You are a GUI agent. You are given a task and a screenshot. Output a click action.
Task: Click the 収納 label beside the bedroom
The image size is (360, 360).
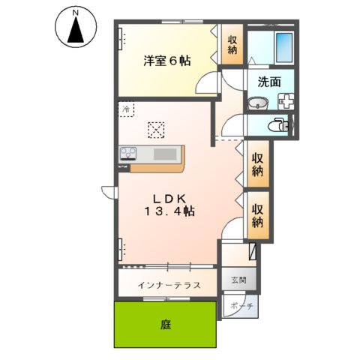(232, 46)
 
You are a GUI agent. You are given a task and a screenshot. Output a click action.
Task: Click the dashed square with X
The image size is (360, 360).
(155, 130)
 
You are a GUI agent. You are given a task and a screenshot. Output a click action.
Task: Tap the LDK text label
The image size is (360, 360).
(175, 199)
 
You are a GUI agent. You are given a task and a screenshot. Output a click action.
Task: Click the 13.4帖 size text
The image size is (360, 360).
(170, 212)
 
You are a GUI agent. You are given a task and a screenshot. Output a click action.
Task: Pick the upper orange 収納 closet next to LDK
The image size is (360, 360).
(257, 166)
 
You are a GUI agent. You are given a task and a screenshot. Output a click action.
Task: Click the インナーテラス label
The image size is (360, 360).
(169, 286)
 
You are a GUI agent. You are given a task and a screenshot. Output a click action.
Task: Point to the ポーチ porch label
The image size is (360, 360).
(241, 307)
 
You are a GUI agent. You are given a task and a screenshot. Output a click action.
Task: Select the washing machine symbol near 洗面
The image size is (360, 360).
(286, 103)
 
